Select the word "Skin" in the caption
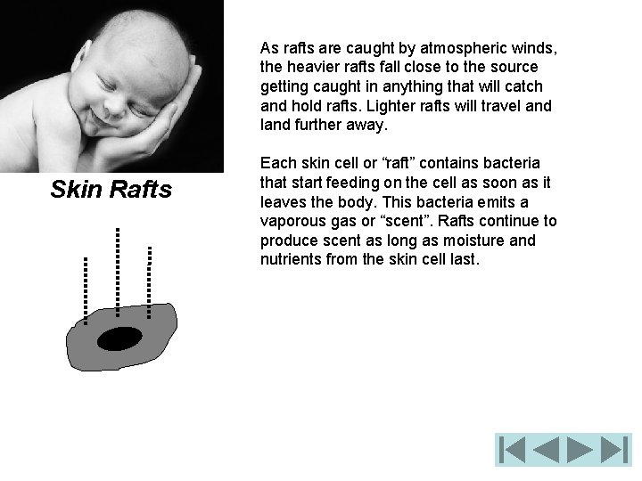(78, 189)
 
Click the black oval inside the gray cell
(120, 339)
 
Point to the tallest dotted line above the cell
(117, 265)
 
